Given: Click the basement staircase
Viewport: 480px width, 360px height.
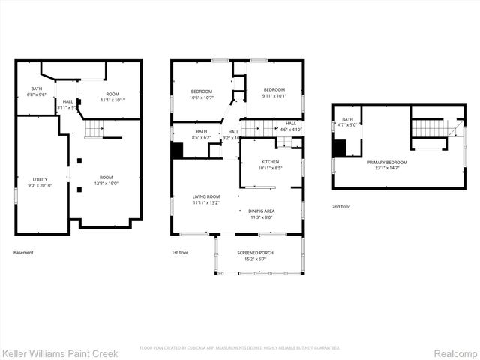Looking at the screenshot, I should coord(93,132).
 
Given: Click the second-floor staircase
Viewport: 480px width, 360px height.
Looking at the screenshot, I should coord(430,128).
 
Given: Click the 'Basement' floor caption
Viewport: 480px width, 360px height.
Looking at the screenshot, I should coord(23,253).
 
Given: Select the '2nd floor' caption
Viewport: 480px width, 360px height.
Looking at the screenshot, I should coord(340,206).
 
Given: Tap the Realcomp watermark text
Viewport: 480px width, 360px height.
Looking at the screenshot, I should coord(456,352).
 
